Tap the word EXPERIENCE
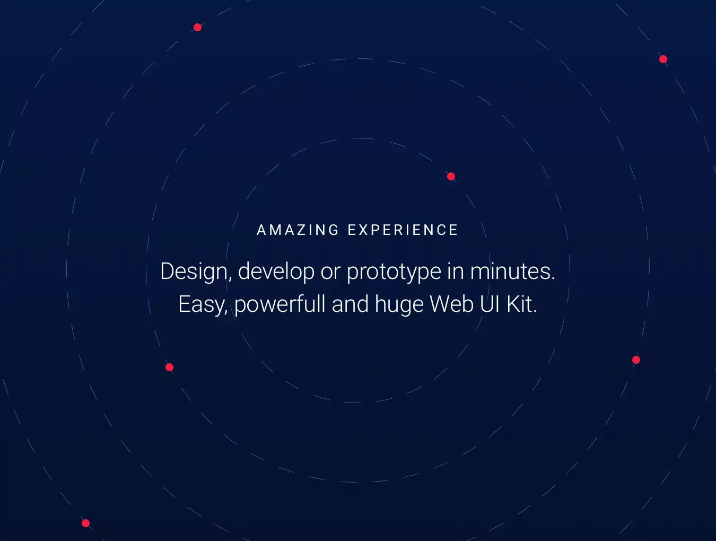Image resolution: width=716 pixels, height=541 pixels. pos(403,230)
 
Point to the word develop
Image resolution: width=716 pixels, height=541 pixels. pos(276,272)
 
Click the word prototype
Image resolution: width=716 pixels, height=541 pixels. pos(394,272)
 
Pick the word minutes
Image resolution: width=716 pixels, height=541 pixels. pos(512,272)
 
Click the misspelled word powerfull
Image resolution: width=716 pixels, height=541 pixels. pos(280,304)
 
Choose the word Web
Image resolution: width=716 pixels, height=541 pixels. pos(451,303)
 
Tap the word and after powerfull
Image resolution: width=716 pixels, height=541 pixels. pos(350,303)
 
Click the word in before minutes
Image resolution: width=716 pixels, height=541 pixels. pos(456,272)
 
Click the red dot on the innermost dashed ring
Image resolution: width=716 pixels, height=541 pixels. pos(451,177)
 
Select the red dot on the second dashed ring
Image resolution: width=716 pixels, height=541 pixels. pos(169,368)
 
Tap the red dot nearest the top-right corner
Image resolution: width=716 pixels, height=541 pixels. pos(663,59)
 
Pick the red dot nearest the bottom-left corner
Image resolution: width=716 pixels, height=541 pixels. pos(85,523)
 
